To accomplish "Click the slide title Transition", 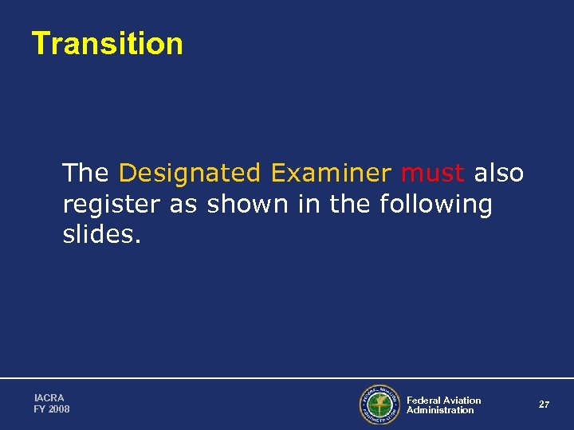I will click(x=107, y=44).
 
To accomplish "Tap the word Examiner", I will click(x=331, y=173).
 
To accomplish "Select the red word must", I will click(x=433, y=173).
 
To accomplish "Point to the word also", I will click(x=499, y=173).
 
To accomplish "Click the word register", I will click(x=112, y=205).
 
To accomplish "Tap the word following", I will click(x=436, y=205).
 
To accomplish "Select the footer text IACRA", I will click(x=49, y=397).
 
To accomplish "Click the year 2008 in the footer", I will click(x=59, y=409).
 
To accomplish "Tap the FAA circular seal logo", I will click(x=379, y=405).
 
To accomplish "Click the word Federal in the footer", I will click(x=423, y=401).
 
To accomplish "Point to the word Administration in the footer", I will click(x=440, y=410).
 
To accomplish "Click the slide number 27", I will click(x=544, y=405).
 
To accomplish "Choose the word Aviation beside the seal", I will click(x=462, y=401).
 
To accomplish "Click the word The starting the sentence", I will click(x=85, y=173).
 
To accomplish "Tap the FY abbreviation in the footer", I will click(x=40, y=409).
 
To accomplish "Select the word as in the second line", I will click(x=183, y=205).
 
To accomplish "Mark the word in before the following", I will click(x=308, y=205).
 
